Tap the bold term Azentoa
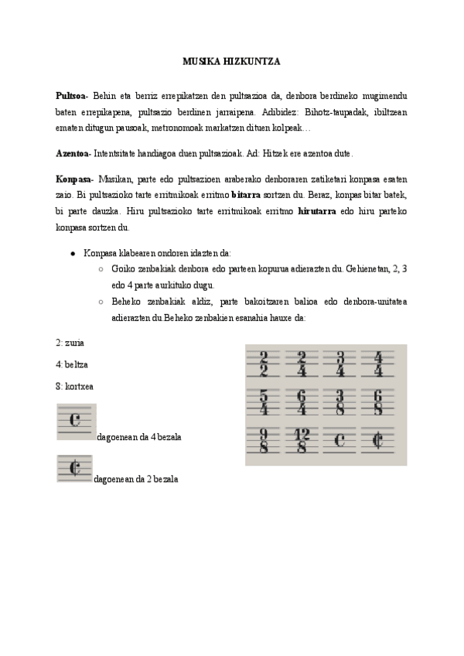click(x=73, y=153)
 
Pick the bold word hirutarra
click(x=316, y=214)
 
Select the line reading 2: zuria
click(x=70, y=342)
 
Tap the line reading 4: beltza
click(x=70, y=364)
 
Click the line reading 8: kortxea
click(x=73, y=385)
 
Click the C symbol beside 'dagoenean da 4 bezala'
click(x=75, y=421)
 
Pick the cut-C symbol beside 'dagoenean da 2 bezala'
click(x=74, y=468)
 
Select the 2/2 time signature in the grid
click(x=264, y=362)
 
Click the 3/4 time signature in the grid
click(x=341, y=362)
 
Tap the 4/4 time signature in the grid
click(x=378, y=362)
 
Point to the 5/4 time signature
click(x=264, y=401)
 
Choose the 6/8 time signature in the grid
click(x=378, y=401)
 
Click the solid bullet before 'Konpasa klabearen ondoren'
click(x=73, y=253)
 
